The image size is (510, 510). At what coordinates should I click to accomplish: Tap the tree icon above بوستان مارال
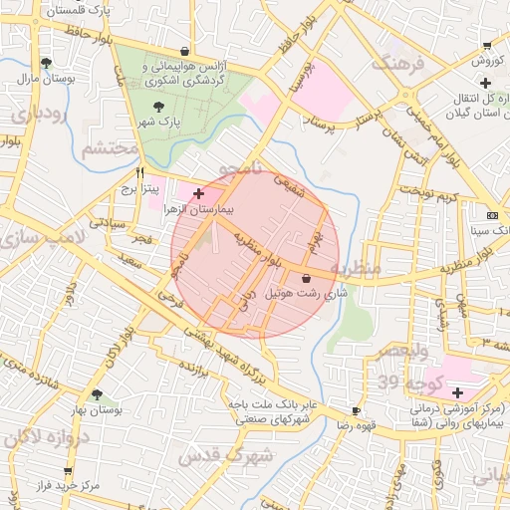(46, 63)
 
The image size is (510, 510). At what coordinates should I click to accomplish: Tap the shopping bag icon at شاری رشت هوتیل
(305, 278)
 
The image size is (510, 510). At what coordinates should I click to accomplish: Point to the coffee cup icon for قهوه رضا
(357, 410)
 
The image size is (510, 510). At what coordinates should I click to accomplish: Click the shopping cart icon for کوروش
(486, 45)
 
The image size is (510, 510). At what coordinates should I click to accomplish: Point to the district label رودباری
(38, 114)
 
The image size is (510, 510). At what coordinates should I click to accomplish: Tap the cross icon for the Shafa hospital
(457, 392)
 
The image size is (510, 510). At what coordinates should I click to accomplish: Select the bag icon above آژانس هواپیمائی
(184, 51)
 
